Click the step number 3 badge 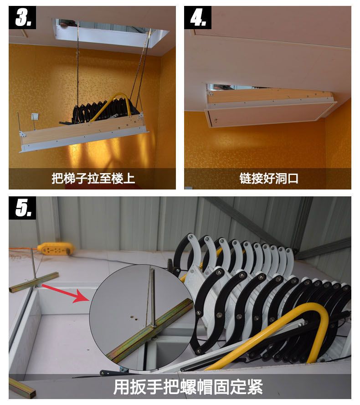click(x=22, y=18)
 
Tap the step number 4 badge click(x=198, y=18)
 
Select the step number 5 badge click(x=22, y=208)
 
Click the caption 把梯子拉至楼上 click(x=93, y=179)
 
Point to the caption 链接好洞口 click(x=269, y=179)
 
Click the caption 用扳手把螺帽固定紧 click(x=188, y=387)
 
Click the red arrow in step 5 click(x=66, y=292)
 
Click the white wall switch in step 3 click(x=35, y=117)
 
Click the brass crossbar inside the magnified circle click(x=150, y=331)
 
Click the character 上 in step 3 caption click(x=129, y=179)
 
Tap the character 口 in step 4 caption click(x=293, y=179)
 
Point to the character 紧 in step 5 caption click(x=255, y=387)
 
